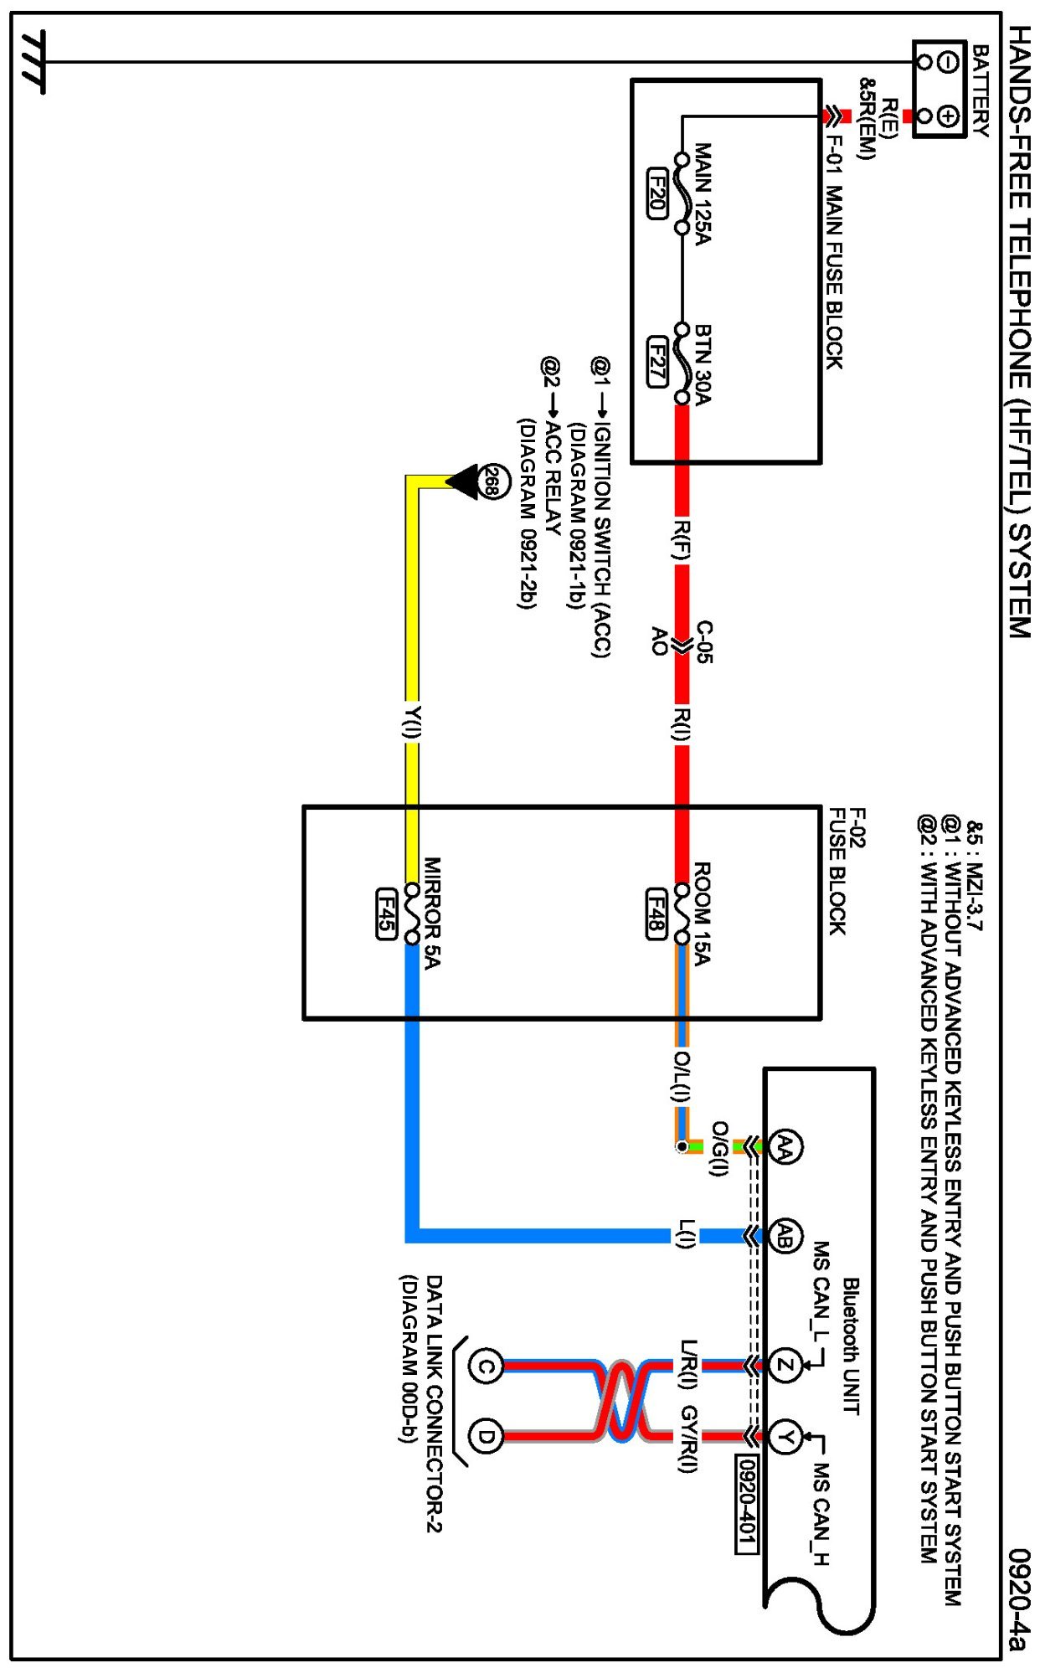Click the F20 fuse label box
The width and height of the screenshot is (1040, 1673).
tap(657, 193)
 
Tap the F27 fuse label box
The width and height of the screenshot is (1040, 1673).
tap(657, 361)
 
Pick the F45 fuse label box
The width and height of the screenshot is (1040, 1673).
tap(386, 913)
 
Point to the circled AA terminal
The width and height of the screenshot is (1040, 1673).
tap(785, 1145)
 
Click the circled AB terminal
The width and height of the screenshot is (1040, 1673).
tap(785, 1235)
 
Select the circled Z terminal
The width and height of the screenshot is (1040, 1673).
tap(785, 1367)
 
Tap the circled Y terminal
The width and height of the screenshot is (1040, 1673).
tap(785, 1437)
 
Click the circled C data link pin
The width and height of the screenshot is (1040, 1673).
tap(485, 1367)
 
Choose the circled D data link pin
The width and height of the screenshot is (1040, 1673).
tap(485, 1437)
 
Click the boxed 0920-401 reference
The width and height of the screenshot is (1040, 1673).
tap(746, 1503)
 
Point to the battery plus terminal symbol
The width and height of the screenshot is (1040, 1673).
tap(949, 116)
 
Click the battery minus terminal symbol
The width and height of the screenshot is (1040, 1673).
tap(949, 62)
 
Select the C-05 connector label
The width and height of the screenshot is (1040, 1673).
tap(705, 642)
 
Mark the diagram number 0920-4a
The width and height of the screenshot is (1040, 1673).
tap(1018, 1598)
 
